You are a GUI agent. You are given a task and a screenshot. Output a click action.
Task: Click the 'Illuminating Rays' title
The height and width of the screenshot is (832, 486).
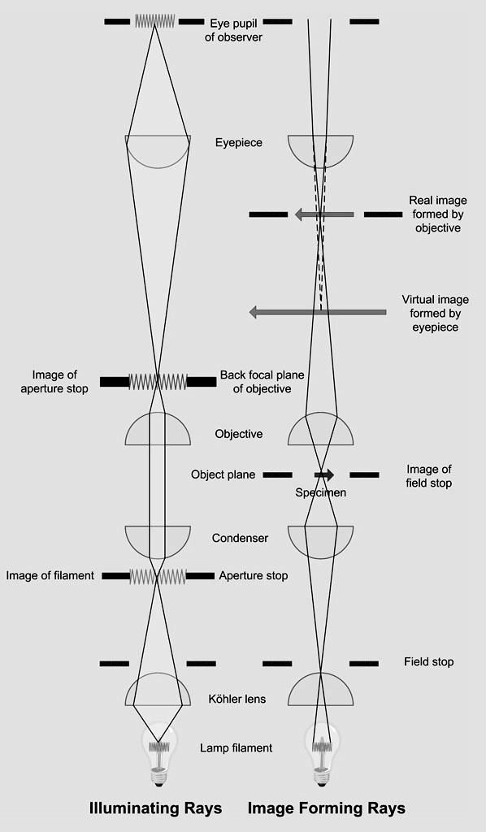coord(155,808)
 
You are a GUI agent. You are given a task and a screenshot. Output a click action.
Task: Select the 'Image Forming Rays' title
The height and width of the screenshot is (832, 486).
coord(326,808)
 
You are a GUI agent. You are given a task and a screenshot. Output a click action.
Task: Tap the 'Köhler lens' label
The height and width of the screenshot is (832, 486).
coord(237,699)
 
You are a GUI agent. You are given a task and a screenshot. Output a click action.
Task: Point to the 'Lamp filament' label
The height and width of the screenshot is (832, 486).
coord(236,748)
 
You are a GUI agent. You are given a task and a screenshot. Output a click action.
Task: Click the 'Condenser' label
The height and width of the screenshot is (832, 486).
coord(240,538)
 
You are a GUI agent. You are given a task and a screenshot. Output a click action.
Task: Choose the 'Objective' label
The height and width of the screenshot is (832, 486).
coord(239,434)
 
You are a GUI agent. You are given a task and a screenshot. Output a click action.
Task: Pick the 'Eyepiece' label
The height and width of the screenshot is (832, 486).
coord(239,143)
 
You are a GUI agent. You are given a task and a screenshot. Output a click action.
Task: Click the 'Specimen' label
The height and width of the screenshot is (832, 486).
coord(320,493)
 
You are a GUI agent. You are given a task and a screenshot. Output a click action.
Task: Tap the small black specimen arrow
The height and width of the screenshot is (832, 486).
coord(324,474)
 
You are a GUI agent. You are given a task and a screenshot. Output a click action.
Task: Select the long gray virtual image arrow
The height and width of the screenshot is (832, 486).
coord(318,312)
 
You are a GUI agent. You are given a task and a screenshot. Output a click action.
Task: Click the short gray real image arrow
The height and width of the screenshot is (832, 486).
coord(324,214)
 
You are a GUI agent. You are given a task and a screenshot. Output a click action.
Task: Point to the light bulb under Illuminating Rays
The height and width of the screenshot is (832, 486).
coord(158,756)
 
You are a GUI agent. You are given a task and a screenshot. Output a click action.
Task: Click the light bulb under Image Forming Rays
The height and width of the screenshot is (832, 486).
coord(321,756)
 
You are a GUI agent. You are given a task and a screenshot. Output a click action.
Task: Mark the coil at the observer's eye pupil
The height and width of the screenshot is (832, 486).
coord(155,20)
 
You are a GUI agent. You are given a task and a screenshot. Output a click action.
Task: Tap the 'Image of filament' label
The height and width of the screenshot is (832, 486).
coord(50,576)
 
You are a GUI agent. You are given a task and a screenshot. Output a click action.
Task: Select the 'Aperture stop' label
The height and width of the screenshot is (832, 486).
coord(254,576)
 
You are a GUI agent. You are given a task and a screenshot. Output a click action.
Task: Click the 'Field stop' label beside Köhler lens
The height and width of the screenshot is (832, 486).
coord(428,662)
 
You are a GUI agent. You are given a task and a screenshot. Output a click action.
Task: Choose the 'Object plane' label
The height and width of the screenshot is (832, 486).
coord(223,474)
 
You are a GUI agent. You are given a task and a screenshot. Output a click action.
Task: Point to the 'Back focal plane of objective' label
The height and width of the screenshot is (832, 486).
coord(263,382)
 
